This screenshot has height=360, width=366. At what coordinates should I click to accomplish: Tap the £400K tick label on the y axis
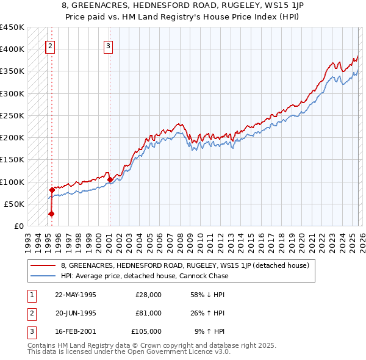coord(12,49)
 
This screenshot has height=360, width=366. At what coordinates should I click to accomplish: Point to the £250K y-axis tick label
coord(12,115)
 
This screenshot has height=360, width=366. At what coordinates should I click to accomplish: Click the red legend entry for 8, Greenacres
coord(185,265)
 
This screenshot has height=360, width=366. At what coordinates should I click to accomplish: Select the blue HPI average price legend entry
coord(144,276)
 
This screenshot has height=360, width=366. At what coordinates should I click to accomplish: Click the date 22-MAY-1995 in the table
coord(76,295)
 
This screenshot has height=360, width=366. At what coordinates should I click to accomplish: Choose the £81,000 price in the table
coord(149,313)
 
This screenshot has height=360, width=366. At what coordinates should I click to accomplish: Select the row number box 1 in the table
coord(30,295)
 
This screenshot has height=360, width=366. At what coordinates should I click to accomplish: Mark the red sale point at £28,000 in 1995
coord(52,214)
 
